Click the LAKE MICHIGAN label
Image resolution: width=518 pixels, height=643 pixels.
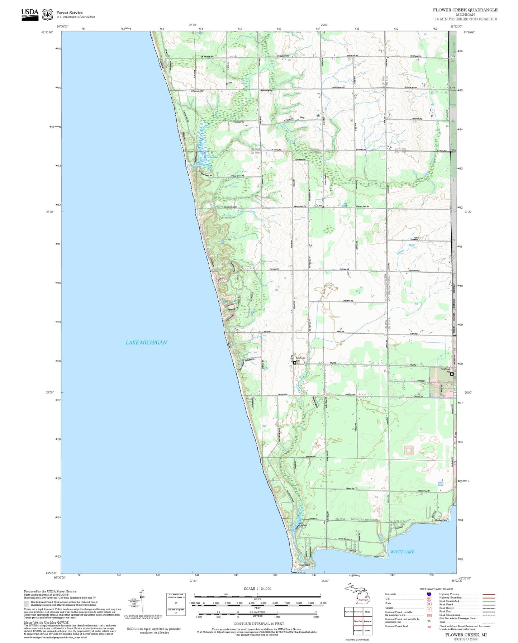pos(146,343)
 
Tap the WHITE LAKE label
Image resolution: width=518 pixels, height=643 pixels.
pos(402,552)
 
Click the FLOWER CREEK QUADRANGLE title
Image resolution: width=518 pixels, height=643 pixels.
pos(465,10)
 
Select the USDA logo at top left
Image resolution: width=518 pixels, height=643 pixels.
pos(30,15)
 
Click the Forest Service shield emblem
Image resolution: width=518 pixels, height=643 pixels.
pos(47,15)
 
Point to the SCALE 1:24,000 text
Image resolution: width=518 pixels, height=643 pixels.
pos(257,589)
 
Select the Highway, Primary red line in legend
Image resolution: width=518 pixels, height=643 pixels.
pos(489,594)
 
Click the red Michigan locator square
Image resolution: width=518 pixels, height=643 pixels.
pos(357,599)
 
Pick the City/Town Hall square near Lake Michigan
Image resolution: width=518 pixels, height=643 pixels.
pos(294,363)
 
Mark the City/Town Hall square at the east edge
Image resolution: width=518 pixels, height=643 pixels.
pos(452,374)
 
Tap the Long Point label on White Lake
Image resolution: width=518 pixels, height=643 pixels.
pos(379,556)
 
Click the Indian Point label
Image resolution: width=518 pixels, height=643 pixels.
pos(304,565)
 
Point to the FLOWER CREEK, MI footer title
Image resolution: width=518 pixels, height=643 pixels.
pos(466,635)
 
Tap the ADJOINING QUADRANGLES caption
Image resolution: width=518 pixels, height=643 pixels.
pos(357,639)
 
